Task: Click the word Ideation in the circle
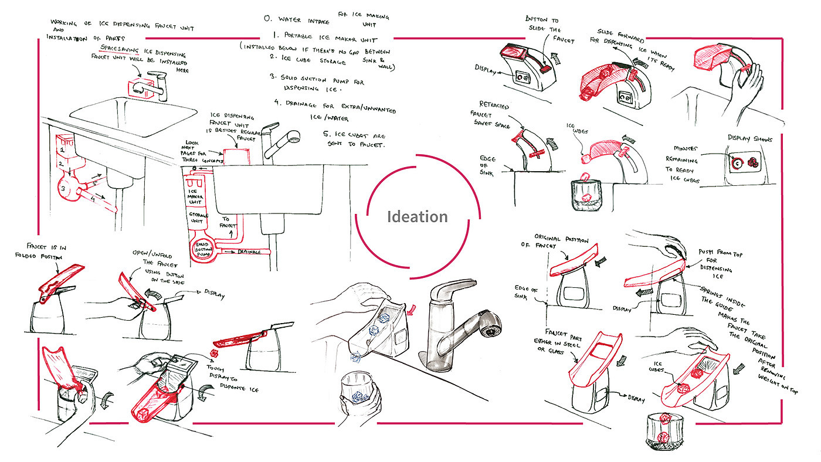417,217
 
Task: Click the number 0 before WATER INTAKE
267,19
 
